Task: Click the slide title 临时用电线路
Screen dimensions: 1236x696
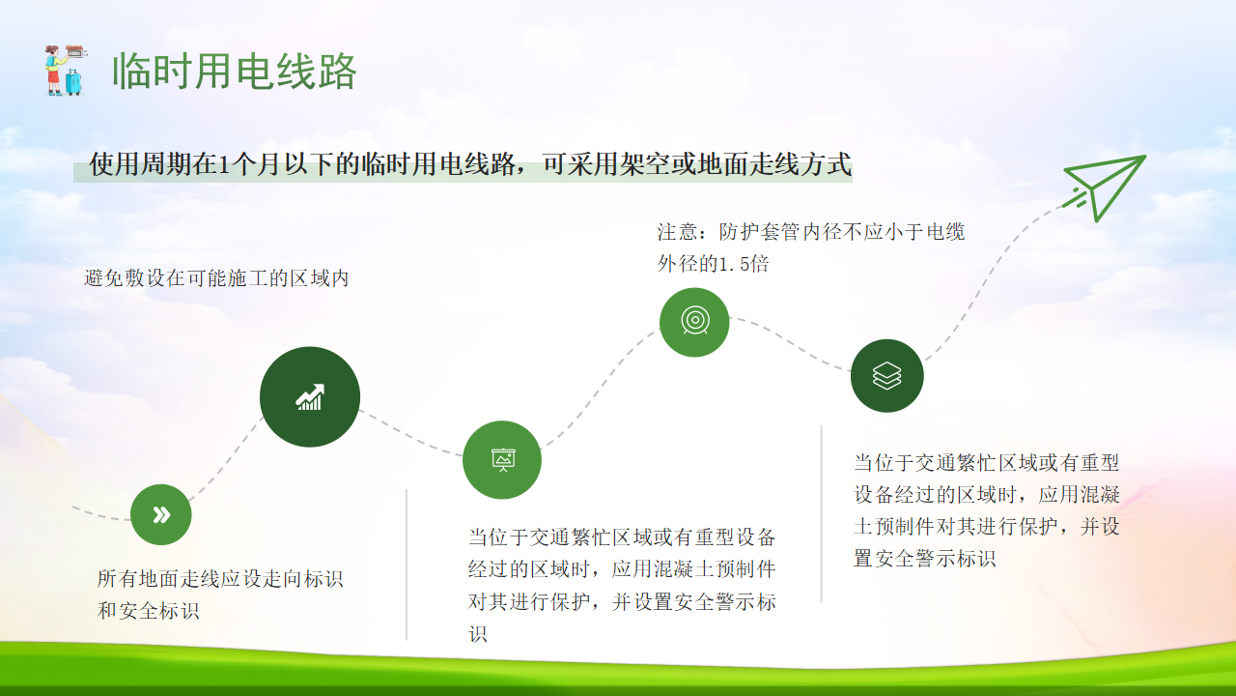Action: click(x=235, y=72)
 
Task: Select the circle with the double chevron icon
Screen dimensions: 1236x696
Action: click(x=161, y=515)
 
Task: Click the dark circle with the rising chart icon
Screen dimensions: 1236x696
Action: click(x=310, y=396)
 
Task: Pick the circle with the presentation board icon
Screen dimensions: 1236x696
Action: click(x=502, y=460)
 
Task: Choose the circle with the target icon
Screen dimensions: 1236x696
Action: click(x=694, y=322)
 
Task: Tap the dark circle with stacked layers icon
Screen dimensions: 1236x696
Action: click(x=887, y=376)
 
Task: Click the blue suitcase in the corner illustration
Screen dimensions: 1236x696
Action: click(x=73, y=82)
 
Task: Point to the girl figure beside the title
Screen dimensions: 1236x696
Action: click(x=53, y=71)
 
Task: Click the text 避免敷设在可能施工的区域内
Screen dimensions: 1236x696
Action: click(x=216, y=278)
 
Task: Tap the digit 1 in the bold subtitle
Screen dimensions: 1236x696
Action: click(x=224, y=164)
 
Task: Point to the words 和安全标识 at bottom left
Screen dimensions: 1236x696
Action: click(x=148, y=610)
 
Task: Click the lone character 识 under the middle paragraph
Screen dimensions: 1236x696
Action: click(x=478, y=633)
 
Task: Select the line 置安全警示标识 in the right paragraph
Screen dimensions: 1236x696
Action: click(x=924, y=558)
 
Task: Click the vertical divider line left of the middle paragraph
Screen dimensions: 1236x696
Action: click(x=407, y=565)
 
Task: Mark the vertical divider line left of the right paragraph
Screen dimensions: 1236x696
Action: click(x=821, y=513)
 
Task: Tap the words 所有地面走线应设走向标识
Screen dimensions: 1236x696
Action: click(x=220, y=578)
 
